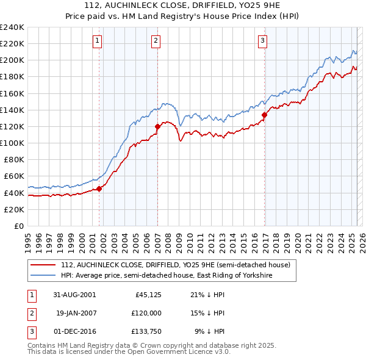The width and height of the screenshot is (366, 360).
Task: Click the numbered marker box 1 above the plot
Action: click(98, 41)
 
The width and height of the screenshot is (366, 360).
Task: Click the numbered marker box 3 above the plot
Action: click(262, 41)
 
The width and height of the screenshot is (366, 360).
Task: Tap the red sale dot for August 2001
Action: click(99, 189)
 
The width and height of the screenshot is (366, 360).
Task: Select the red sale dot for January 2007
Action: click(157, 126)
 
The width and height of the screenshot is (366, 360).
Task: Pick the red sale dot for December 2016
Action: click(264, 115)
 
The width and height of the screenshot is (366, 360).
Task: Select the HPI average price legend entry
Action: click(166, 276)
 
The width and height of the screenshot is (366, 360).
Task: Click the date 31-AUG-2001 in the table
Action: click(74, 295)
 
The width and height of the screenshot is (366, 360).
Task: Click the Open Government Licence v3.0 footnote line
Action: click(129, 352)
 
